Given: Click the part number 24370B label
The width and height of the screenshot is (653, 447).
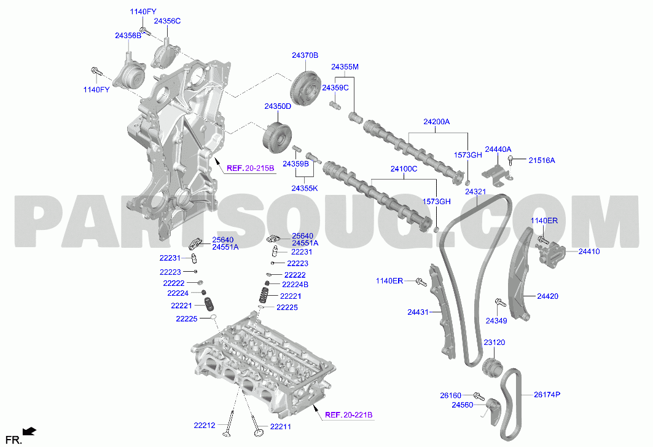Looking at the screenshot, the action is tap(305, 55).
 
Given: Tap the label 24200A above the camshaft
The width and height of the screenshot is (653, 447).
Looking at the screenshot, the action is tap(436, 122).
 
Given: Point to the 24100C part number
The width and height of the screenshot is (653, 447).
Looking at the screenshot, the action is tap(404, 169).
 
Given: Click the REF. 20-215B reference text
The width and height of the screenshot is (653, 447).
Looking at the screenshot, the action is tap(250, 168).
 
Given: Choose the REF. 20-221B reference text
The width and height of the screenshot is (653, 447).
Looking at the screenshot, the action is tap(348, 415).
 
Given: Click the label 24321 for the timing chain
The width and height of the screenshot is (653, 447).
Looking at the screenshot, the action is tap(475, 192).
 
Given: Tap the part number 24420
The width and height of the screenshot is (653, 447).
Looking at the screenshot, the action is tap(547, 296).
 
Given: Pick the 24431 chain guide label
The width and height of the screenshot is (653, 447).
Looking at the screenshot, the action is tap(418, 312).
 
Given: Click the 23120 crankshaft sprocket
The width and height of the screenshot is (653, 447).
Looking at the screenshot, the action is tap(492, 367).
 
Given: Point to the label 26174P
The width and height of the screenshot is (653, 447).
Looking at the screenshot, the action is tap(547, 394).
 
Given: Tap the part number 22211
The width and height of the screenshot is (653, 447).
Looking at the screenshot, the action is tap(280, 427).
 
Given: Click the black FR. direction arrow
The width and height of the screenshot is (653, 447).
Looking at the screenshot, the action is tap(29, 432).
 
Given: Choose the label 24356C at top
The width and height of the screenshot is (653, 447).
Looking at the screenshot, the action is tap(167, 21).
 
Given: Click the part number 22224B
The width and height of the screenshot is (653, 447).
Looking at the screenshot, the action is tap(295, 285).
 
